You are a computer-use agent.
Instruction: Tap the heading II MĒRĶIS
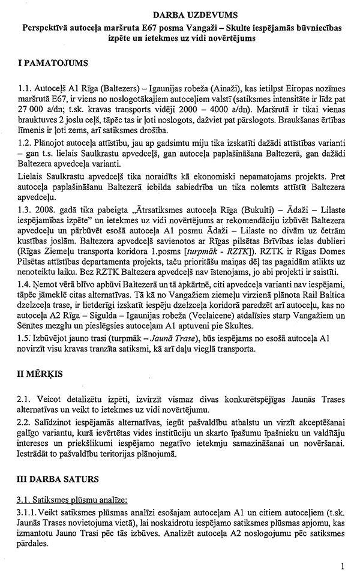pos(40,373)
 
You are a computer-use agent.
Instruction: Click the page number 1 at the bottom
pos(342,565)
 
